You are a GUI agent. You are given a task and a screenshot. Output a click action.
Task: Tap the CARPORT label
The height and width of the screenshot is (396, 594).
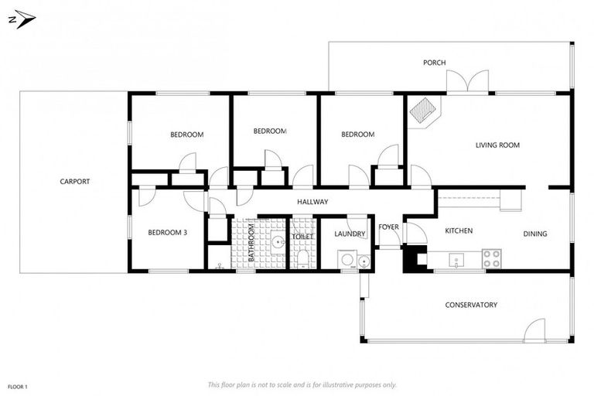75,182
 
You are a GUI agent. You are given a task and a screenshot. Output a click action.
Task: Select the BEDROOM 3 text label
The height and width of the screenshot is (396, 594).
168,232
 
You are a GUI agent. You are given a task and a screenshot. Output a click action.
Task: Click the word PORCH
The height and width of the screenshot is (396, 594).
434,63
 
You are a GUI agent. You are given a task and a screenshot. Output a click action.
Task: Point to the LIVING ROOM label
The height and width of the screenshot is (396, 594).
497,145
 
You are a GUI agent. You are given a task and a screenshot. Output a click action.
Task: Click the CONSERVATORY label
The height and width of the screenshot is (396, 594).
470,305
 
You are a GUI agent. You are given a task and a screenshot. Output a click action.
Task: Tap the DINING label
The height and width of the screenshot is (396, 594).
534,234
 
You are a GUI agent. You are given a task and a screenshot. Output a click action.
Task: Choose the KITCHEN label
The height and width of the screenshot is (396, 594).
458,230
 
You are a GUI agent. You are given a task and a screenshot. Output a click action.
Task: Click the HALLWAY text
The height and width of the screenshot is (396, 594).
312,202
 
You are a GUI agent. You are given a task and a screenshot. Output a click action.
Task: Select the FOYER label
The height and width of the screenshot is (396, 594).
388,227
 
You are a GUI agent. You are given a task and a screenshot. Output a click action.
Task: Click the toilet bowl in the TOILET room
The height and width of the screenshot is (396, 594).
303,257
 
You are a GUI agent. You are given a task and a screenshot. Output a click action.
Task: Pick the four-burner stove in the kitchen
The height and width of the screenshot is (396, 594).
491,259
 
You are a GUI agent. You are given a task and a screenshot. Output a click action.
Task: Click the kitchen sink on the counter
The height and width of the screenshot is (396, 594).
459,260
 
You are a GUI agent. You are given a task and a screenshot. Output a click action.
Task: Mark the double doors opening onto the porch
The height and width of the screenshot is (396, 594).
467,82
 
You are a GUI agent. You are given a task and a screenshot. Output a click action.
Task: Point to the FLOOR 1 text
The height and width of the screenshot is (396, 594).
18,385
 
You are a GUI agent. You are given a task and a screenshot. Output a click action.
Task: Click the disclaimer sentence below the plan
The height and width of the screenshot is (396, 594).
302,384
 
